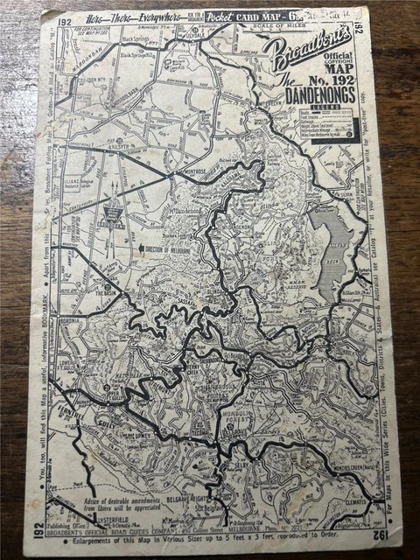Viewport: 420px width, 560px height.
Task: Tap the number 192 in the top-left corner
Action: coord(63,22)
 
